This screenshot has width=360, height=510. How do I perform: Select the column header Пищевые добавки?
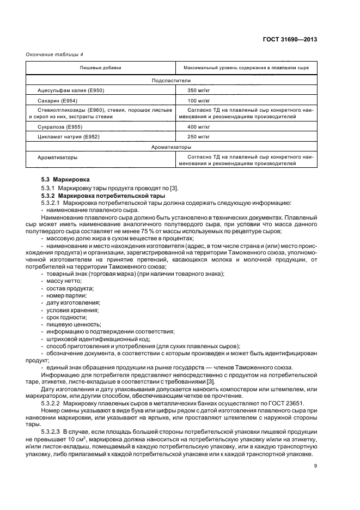(x=101, y=68)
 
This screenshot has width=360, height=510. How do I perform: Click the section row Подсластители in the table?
(x=171, y=80)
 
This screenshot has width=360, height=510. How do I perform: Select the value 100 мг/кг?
(x=199, y=101)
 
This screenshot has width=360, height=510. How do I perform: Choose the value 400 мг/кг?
(x=199, y=126)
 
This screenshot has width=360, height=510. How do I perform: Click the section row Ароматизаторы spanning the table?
(x=171, y=147)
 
